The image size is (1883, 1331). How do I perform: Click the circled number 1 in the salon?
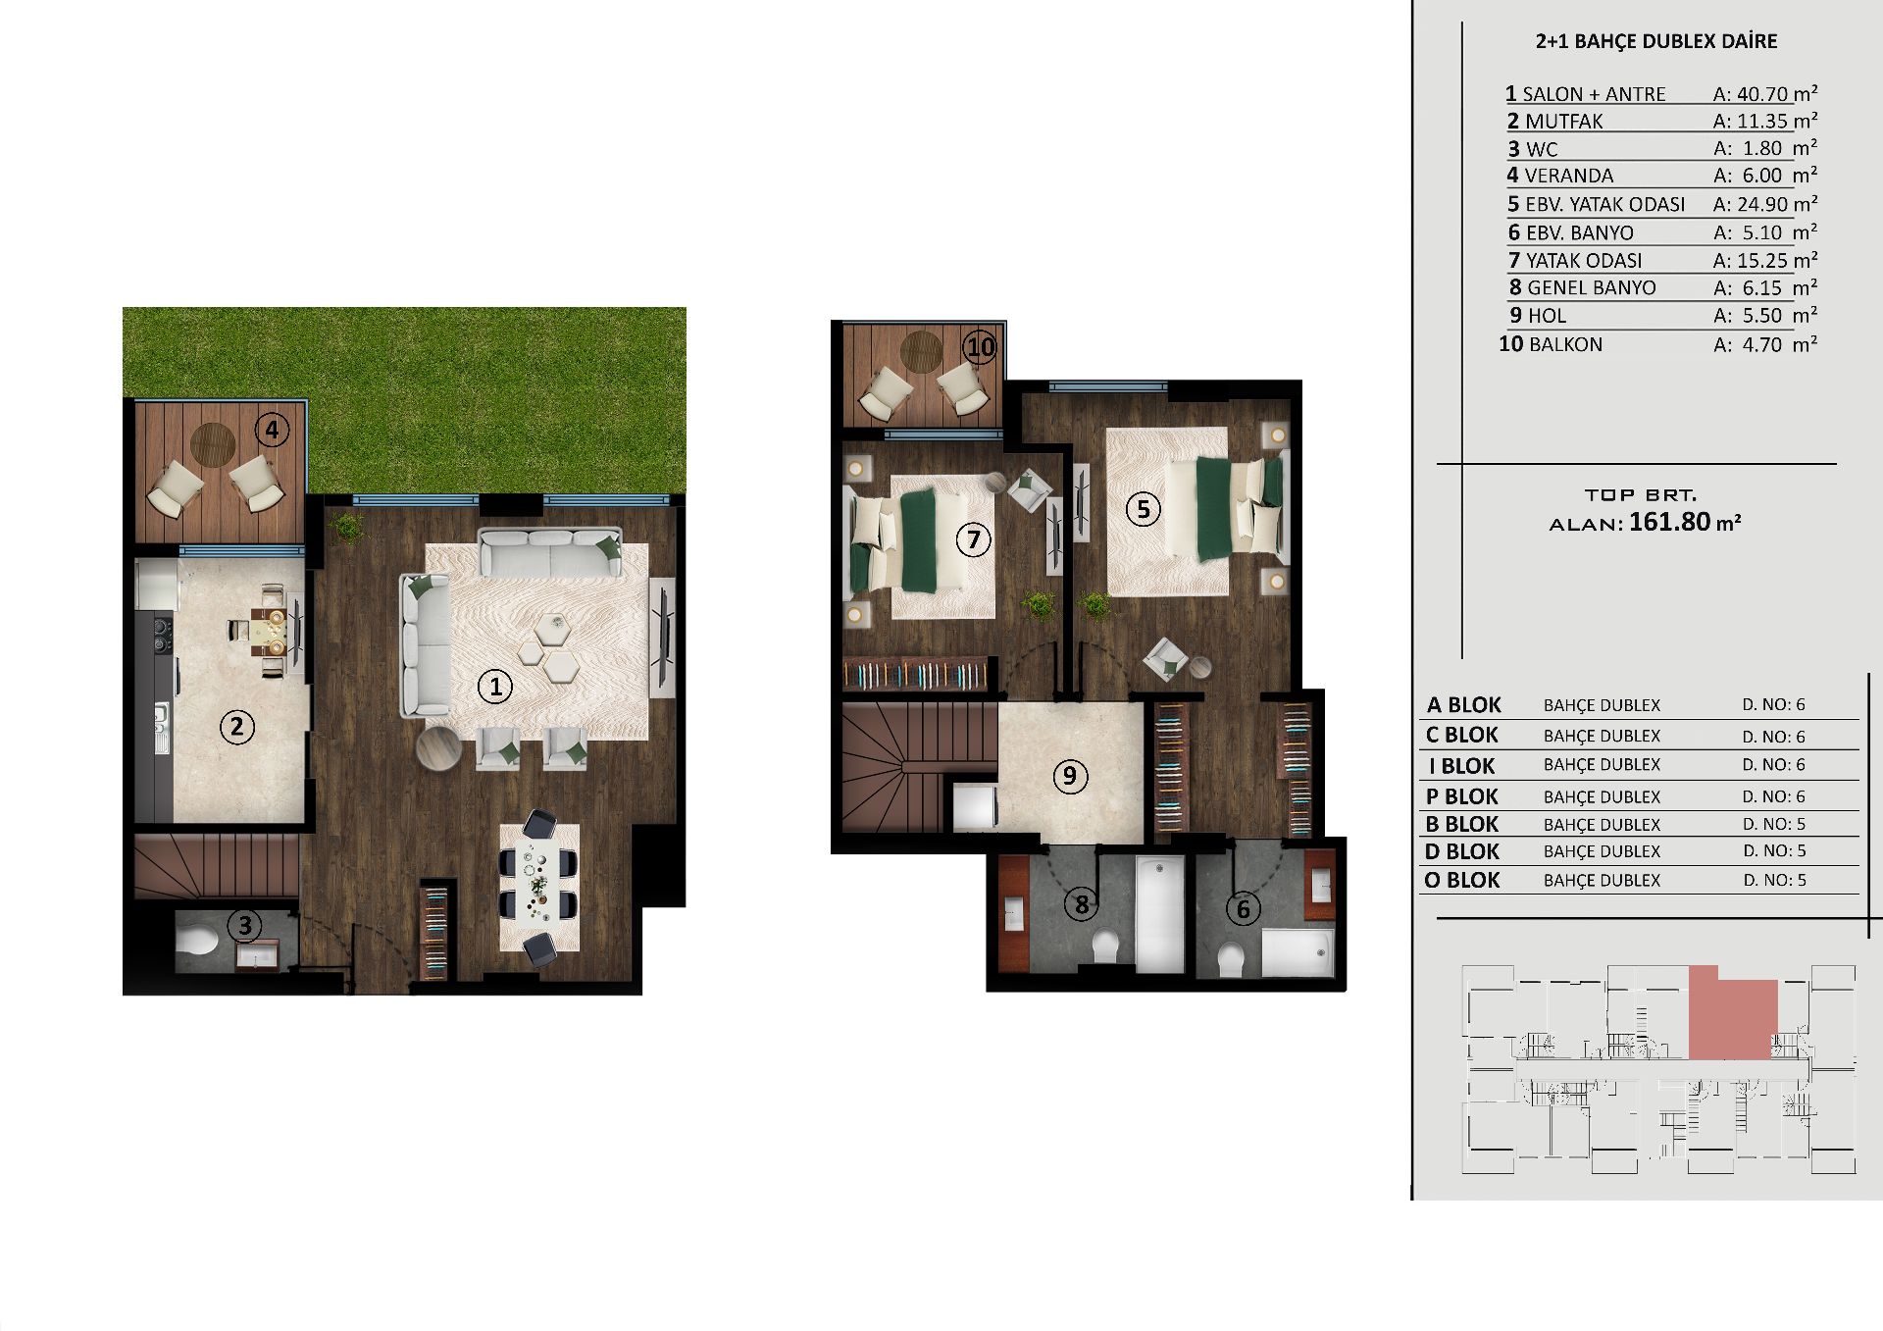(x=495, y=687)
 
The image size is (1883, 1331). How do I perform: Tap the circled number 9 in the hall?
(x=1070, y=776)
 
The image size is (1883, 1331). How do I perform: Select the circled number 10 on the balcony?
(x=980, y=346)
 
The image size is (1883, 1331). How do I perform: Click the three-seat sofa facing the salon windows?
(x=550, y=553)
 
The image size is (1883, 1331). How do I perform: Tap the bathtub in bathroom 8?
(x=1159, y=914)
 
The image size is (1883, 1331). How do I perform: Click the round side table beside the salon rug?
(x=438, y=749)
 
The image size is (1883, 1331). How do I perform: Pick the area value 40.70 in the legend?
(x=1763, y=94)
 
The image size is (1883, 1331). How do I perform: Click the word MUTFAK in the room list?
(x=1564, y=122)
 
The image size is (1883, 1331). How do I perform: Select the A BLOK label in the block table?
(x=1463, y=705)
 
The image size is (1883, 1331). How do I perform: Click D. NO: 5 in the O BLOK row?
(x=1774, y=880)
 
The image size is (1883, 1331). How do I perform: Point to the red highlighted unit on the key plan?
(x=1732, y=1013)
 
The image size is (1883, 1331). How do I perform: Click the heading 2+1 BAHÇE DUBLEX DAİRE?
(x=1655, y=41)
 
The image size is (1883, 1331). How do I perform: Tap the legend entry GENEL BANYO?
(x=1592, y=287)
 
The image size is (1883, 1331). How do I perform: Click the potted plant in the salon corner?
(x=347, y=528)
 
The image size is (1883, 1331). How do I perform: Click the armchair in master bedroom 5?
(x=1166, y=658)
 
